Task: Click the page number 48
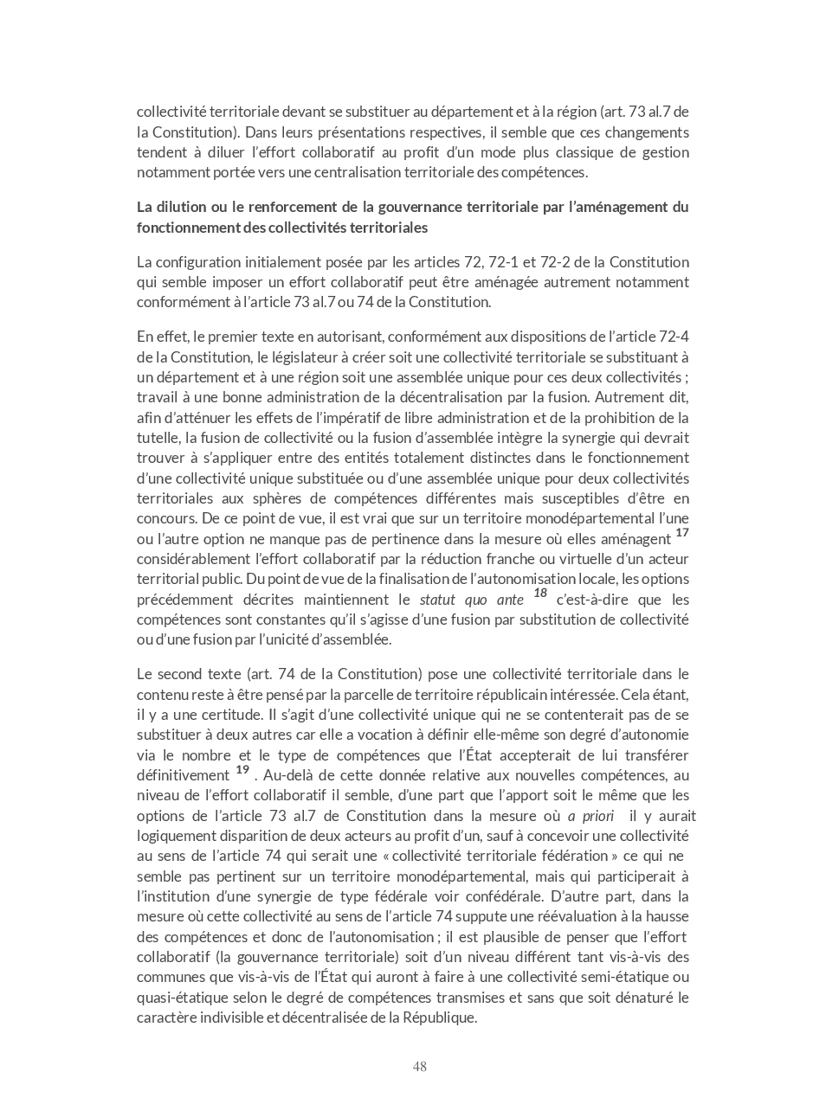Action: coord(419,1066)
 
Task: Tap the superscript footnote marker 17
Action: coord(682,533)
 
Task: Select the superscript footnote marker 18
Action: coord(540,594)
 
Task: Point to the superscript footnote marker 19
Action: coord(242,769)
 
